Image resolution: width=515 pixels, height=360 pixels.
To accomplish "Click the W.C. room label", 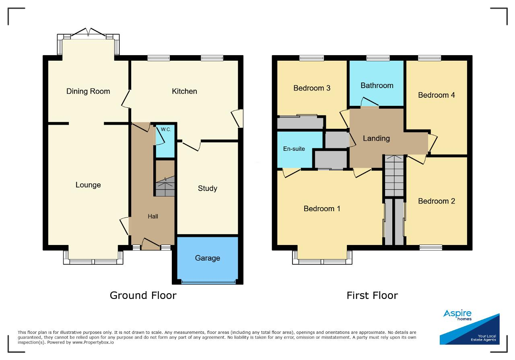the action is coord(166,130).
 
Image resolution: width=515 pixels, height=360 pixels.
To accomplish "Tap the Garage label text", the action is coord(207,258).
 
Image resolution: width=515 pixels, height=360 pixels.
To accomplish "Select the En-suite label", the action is coord(294,149).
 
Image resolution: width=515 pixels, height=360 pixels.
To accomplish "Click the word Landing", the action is coord(376,138).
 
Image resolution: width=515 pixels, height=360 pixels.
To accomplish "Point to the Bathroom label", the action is coord(377,86).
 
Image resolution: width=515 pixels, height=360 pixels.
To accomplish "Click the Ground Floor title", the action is coord(143,295).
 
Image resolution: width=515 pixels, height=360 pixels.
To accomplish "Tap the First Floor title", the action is coord(372,295).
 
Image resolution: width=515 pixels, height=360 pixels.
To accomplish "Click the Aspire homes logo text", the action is coord(457,315).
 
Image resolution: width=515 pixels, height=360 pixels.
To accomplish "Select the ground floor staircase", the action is coord(165,187).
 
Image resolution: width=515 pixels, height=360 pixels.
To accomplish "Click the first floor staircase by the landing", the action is coord(394,176).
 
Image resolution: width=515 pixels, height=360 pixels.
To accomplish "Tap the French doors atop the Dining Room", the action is coord(88,32).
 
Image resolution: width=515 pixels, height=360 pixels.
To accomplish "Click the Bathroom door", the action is coord(369,102).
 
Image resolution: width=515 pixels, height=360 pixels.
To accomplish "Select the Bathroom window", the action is coord(378,58).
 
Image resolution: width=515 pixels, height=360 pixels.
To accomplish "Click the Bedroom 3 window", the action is coord(311,58).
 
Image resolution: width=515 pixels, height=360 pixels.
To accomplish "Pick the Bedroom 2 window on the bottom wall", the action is coord(431,248).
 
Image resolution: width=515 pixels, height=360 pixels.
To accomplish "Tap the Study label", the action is coord(207,189).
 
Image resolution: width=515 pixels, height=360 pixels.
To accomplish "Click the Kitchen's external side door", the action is coord(238,118).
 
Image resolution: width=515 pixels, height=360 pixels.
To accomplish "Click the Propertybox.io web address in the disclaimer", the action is coord(93,342).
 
